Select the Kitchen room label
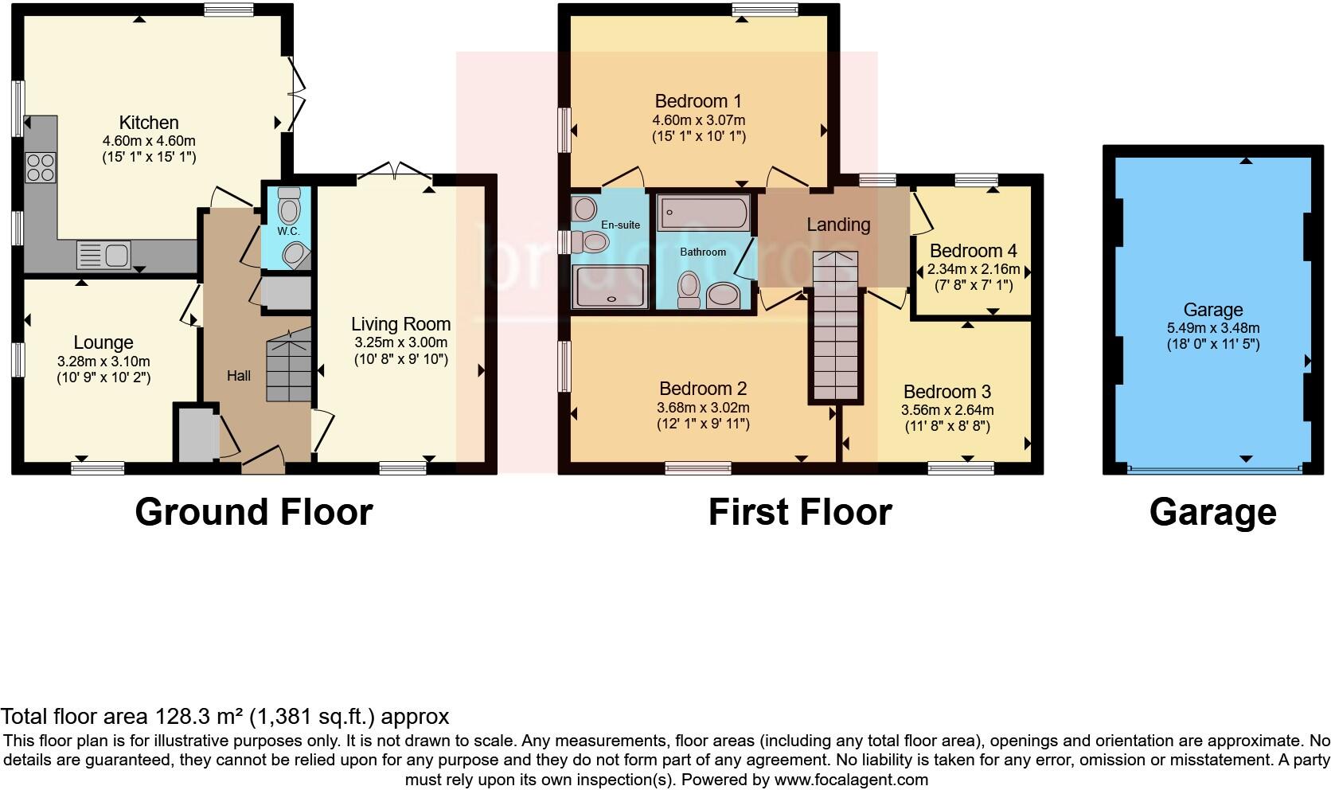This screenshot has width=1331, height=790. pos(149,123)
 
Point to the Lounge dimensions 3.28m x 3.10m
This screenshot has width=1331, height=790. pos(103,361)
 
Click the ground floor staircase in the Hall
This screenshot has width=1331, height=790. pos(287,367)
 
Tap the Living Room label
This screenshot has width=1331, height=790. pos(400,324)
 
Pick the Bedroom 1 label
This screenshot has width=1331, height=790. pos(697,101)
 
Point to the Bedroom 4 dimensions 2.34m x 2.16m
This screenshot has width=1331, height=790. pos(973,269)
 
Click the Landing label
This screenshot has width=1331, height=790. pos(837,225)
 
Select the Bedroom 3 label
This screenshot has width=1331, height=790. pos(947,392)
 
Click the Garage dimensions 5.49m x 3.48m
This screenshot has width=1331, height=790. pos(1212,327)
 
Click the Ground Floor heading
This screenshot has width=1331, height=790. pos(253,512)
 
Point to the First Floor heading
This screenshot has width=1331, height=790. pos(799,512)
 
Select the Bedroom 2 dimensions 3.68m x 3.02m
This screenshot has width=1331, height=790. pos(702,408)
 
